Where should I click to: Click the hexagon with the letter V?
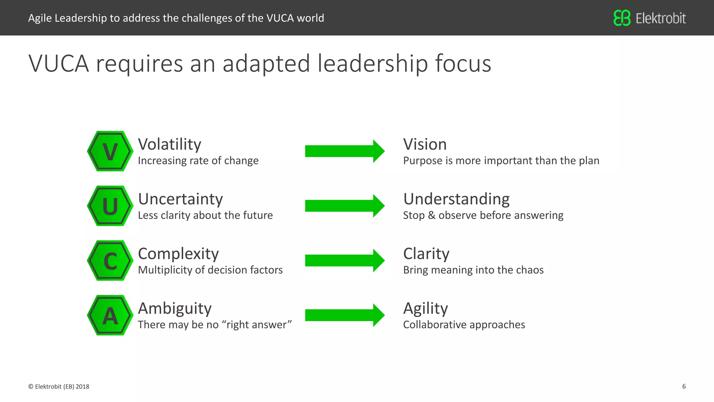coord(110,151)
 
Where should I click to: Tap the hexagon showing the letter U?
coord(110,206)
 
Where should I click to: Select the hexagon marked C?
coord(110,261)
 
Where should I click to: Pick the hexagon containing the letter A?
coord(110,315)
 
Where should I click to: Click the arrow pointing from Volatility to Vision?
coord(344,151)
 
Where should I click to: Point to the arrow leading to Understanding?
coord(344,206)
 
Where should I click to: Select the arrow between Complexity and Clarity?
coord(344,261)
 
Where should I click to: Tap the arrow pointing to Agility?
coord(344,315)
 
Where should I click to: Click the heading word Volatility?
coord(170,144)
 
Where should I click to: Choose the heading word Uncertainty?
coord(180,199)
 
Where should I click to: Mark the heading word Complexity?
coord(178,254)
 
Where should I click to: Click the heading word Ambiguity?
coord(175,309)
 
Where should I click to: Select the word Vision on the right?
coord(425,144)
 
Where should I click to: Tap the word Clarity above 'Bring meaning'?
coord(426,254)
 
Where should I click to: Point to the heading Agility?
coord(426,309)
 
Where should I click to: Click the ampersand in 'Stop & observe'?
coord(432,215)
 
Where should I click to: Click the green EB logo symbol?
coord(622,18)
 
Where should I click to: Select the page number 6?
coord(684,386)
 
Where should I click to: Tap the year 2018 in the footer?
coord(83,387)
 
